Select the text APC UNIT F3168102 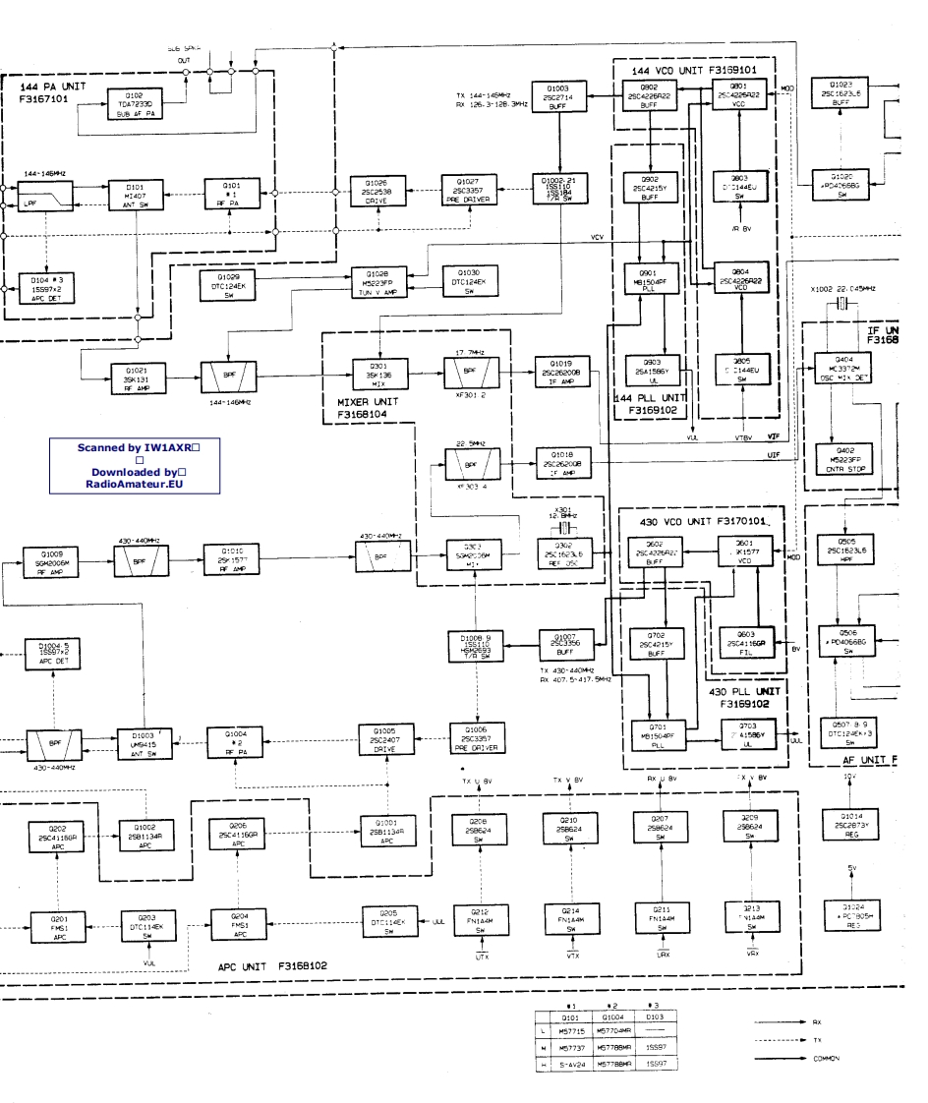click(x=272, y=965)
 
